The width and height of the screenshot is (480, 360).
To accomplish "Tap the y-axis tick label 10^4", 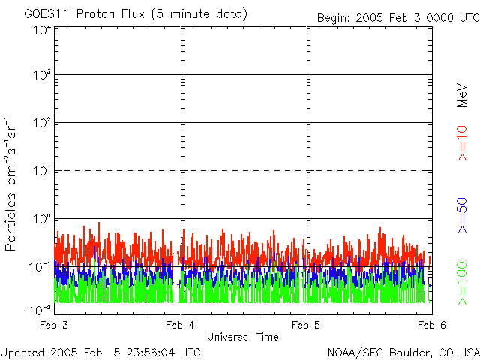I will click(42, 31).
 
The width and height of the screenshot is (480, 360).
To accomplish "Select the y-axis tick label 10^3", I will click(42, 75).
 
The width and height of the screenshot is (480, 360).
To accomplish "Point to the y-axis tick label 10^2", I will click(42, 122).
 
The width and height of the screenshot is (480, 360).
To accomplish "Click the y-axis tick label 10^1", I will click(42, 170).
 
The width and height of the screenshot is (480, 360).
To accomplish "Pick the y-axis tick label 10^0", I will click(42, 218).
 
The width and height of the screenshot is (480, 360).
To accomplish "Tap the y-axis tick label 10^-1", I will click(40, 266).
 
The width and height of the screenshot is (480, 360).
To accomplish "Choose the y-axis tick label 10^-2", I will click(40, 309).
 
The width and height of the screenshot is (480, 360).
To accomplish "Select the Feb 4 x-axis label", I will click(179, 325).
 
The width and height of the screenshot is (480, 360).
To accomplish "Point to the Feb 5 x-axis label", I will click(305, 325).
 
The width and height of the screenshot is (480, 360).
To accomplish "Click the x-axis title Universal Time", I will click(242, 337).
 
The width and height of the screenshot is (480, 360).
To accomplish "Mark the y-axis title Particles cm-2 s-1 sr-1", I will click(12, 184).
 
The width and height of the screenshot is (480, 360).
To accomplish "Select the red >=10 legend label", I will click(463, 143).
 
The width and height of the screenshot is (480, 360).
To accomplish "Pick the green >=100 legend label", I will click(463, 282).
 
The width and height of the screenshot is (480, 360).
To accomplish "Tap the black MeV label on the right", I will click(463, 96).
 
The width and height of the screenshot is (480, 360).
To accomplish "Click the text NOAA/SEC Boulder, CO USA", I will click(403, 352).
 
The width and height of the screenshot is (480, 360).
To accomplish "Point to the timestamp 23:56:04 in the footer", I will click(151, 352).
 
